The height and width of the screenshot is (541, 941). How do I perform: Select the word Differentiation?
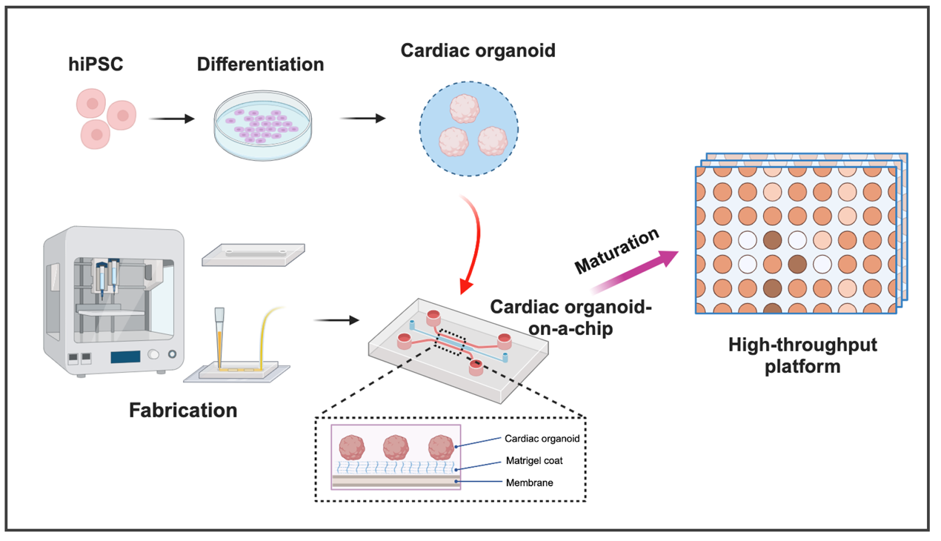click(x=260, y=64)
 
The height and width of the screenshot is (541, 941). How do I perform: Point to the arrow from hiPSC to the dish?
click(x=172, y=118)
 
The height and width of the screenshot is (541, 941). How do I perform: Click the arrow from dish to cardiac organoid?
click(x=362, y=118)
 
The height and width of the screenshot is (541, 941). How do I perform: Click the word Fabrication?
click(x=183, y=410)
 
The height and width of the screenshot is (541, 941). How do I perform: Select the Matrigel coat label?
click(x=533, y=461)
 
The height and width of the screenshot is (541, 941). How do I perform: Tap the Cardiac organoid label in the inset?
click(x=542, y=439)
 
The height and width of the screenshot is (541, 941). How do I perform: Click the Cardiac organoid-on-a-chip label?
click(x=569, y=316)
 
